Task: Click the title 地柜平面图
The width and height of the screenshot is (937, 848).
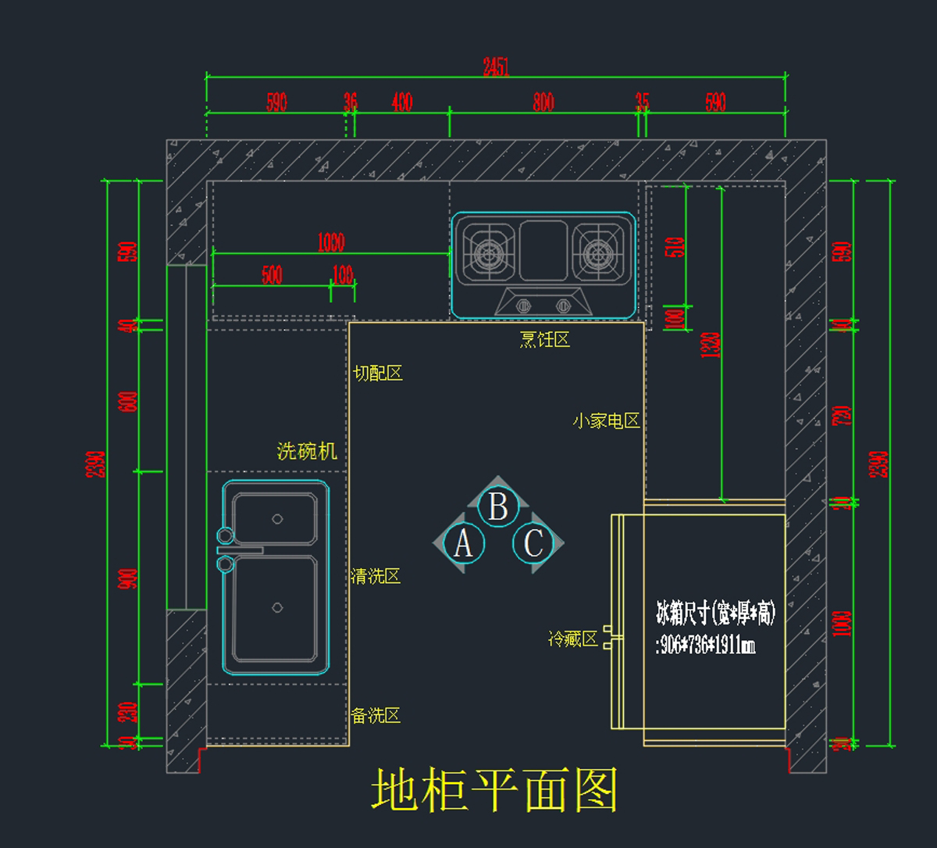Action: pos(495,789)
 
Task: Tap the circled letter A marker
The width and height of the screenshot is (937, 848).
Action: pos(463,543)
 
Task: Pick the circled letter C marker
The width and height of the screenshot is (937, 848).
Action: pos(533,543)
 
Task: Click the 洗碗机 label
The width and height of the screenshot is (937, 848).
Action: pos(307,451)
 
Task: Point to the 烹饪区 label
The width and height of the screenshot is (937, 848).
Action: pos(545,339)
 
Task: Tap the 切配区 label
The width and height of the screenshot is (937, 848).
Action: pos(378,374)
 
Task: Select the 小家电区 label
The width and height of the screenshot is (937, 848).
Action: pos(606,421)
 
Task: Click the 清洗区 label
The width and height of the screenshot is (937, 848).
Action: pos(376,577)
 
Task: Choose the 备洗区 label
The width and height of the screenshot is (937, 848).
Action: pos(376,715)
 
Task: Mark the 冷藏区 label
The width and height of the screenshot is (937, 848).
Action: pos(573,639)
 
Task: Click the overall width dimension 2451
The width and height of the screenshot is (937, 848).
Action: pos(496,67)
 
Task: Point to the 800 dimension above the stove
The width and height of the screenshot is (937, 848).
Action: pos(543,102)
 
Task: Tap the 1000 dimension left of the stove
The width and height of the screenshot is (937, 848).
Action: pos(331,242)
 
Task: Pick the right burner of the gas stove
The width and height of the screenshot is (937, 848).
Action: pos(599,252)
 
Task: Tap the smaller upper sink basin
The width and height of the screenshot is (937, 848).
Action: pos(276,518)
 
